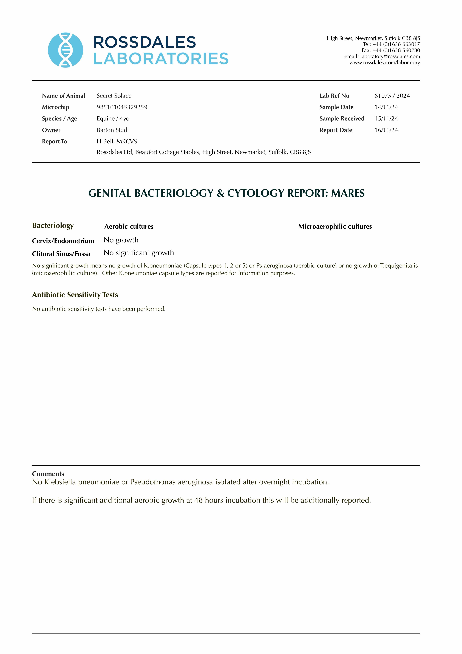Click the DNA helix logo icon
point(66,50)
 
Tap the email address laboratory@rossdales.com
point(390,56)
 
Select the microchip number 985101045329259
point(122,107)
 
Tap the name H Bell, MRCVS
point(117,141)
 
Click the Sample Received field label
point(342,119)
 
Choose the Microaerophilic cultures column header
point(335,226)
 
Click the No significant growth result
point(139,253)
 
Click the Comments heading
point(48,474)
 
